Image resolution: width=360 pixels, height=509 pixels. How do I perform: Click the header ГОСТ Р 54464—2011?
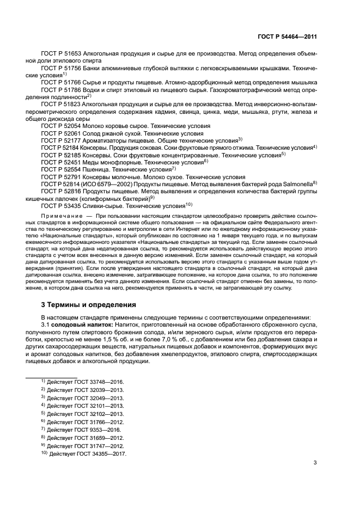(289, 37)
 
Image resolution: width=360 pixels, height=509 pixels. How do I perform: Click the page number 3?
(315, 463)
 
